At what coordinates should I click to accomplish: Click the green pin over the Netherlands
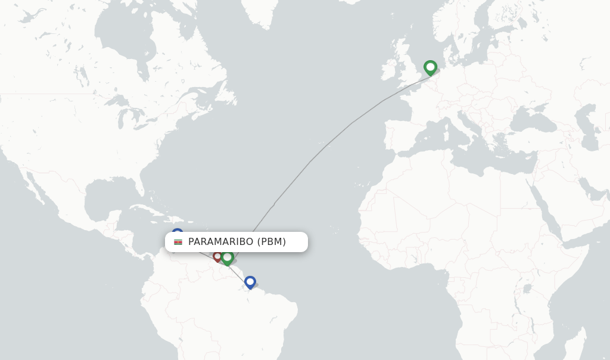coord(430,67)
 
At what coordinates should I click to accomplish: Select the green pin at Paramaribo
coord(227,257)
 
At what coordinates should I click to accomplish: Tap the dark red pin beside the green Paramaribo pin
coord(217,256)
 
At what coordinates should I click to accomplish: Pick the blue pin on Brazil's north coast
coord(250,281)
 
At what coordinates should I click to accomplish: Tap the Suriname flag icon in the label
coord(178,242)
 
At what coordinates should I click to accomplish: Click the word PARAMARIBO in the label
coord(220,242)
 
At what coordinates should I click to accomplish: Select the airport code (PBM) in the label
coord(272,242)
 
